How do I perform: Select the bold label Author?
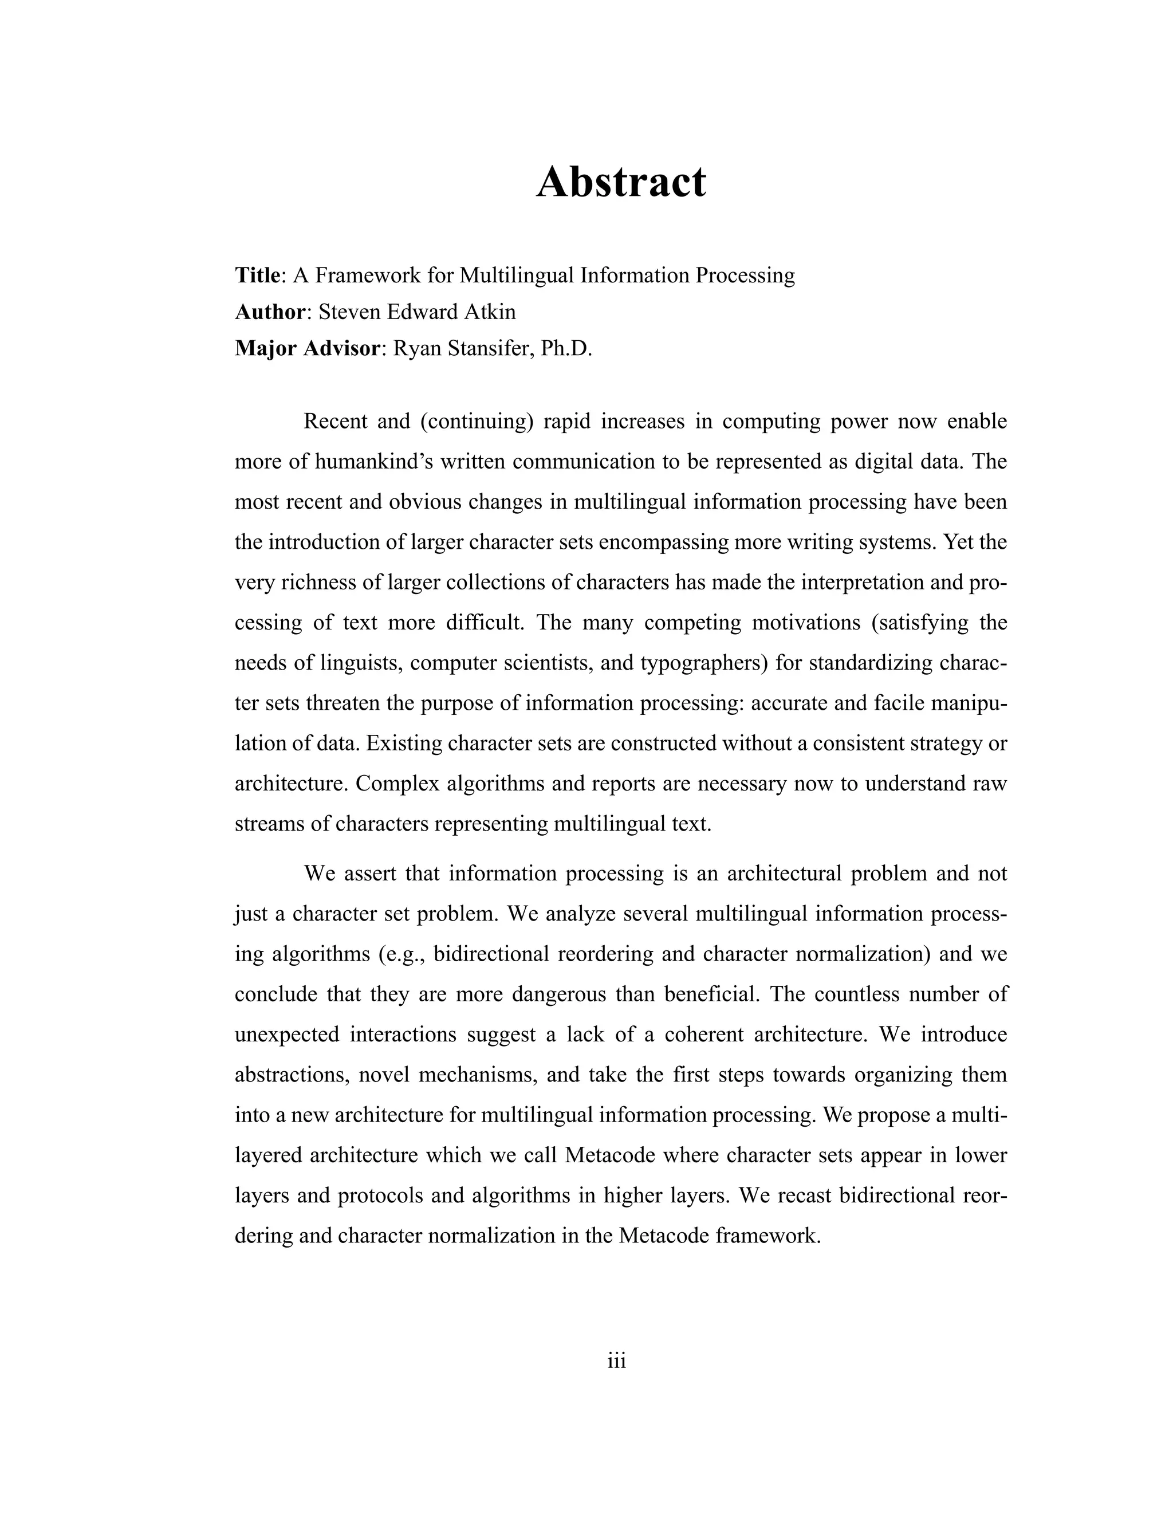270,312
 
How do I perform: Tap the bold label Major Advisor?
308,348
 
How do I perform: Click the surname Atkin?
493,312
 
